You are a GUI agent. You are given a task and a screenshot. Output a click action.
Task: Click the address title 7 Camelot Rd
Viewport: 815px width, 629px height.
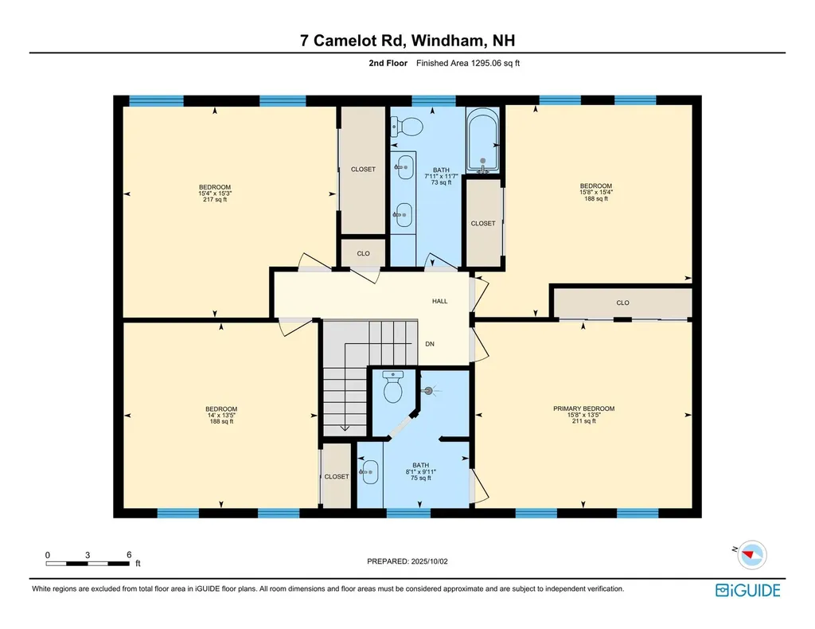pyautogui.click(x=407, y=41)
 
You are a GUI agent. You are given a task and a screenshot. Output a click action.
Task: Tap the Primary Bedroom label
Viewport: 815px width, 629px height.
pyautogui.click(x=583, y=408)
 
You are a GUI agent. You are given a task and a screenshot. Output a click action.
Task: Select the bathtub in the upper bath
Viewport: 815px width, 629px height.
pyautogui.click(x=482, y=142)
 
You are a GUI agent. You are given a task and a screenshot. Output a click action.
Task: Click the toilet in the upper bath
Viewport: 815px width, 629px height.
pyautogui.click(x=407, y=125)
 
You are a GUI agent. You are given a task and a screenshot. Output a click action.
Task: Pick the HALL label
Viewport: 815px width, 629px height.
pyautogui.click(x=439, y=301)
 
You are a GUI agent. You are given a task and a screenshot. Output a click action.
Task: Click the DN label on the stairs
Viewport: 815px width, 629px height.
pyautogui.click(x=429, y=345)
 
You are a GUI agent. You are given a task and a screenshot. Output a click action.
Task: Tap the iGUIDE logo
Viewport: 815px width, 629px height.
pyautogui.click(x=747, y=590)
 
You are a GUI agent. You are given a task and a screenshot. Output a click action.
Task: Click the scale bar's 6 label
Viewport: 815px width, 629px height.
pyautogui.click(x=128, y=554)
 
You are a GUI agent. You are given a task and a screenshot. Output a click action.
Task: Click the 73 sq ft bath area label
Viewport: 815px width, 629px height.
pyautogui.click(x=441, y=182)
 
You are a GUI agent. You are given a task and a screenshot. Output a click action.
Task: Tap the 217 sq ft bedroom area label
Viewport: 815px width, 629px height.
pyautogui.click(x=214, y=200)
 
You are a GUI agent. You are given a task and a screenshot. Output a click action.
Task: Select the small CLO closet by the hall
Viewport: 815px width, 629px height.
pyautogui.click(x=363, y=253)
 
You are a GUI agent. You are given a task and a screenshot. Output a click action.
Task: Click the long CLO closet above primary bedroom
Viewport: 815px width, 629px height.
pyautogui.click(x=622, y=303)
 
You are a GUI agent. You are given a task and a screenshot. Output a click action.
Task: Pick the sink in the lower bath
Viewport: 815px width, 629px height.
pyautogui.click(x=369, y=472)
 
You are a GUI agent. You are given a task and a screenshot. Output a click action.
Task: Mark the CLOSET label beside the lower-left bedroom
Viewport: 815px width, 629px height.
pyautogui.click(x=336, y=476)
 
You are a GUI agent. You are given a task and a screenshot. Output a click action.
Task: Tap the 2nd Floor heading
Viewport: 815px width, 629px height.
pyautogui.click(x=388, y=63)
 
